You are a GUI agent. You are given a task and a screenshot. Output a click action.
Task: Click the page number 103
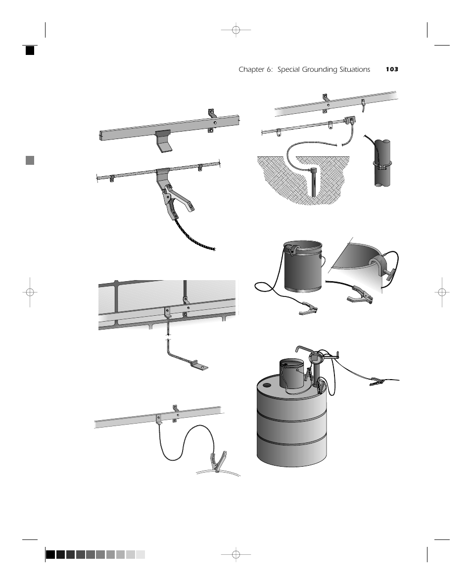click(x=392, y=70)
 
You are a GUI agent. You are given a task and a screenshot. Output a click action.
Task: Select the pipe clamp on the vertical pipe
click(x=382, y=164)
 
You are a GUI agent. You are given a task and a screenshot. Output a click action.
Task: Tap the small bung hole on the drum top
click(x=267, y=384)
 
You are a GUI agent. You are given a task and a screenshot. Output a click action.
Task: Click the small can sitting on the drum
click(x=292, y=374)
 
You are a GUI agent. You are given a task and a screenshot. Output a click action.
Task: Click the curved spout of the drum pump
click(x=302, y=349)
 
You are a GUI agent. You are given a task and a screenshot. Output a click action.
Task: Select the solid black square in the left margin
click(x=30, y=50)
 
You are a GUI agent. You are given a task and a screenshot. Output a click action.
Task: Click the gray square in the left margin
click(x=30, y=160)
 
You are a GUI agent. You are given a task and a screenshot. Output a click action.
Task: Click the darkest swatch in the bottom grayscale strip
click(x=50, y=554)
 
